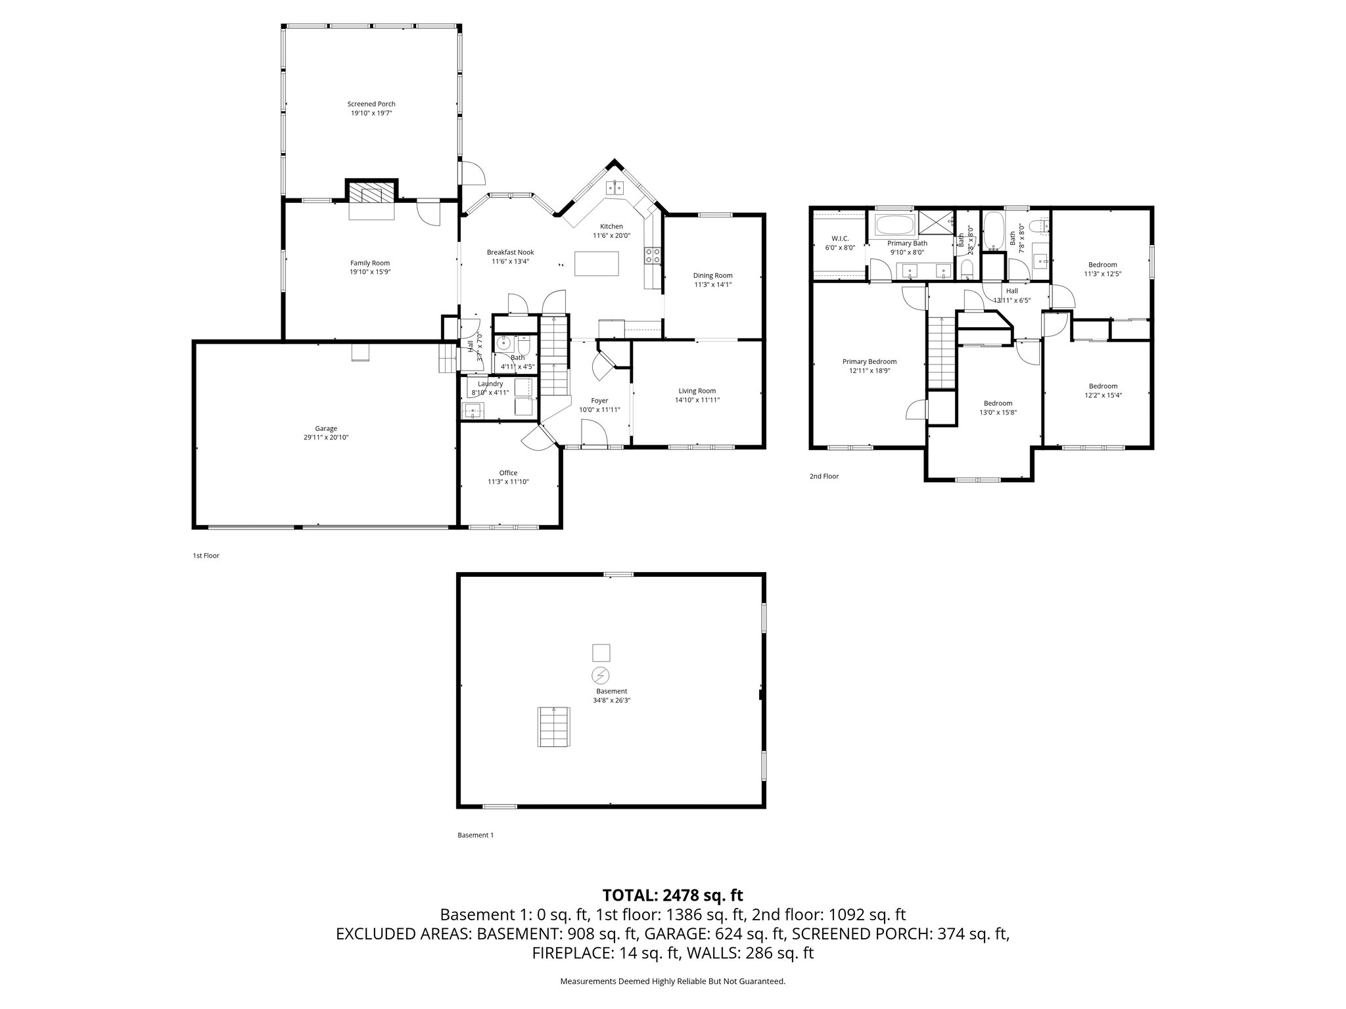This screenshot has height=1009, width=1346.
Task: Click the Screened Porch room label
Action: coord(371,104)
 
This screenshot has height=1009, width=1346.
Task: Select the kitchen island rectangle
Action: coord(597,264)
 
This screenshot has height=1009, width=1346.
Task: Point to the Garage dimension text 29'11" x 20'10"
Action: coord(326,437)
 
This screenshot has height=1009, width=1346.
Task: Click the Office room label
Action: coord(508,473)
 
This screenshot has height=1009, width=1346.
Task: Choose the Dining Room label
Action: coord(712,276)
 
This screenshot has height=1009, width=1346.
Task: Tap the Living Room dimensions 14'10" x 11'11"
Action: coord(697,400)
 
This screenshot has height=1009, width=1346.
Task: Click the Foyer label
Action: coord(599,401)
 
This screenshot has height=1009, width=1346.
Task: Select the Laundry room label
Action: coord(490,384)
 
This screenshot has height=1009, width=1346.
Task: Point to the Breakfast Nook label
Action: coord(510,252)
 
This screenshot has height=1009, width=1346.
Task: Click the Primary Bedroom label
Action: coord(870,362)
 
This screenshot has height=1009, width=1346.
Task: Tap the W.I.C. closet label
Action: coord(840,238)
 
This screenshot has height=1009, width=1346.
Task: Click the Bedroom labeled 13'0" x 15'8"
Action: coord(998,403)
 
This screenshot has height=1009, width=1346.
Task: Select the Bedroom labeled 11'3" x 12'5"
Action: coord(1102,265)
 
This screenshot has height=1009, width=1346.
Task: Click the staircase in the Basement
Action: coord(553,727)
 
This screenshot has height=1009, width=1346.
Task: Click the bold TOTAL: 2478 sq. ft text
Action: coord(672,895)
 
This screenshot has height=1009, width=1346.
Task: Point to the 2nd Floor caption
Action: coord(824,476)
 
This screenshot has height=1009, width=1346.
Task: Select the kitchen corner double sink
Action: coord(615,188)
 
